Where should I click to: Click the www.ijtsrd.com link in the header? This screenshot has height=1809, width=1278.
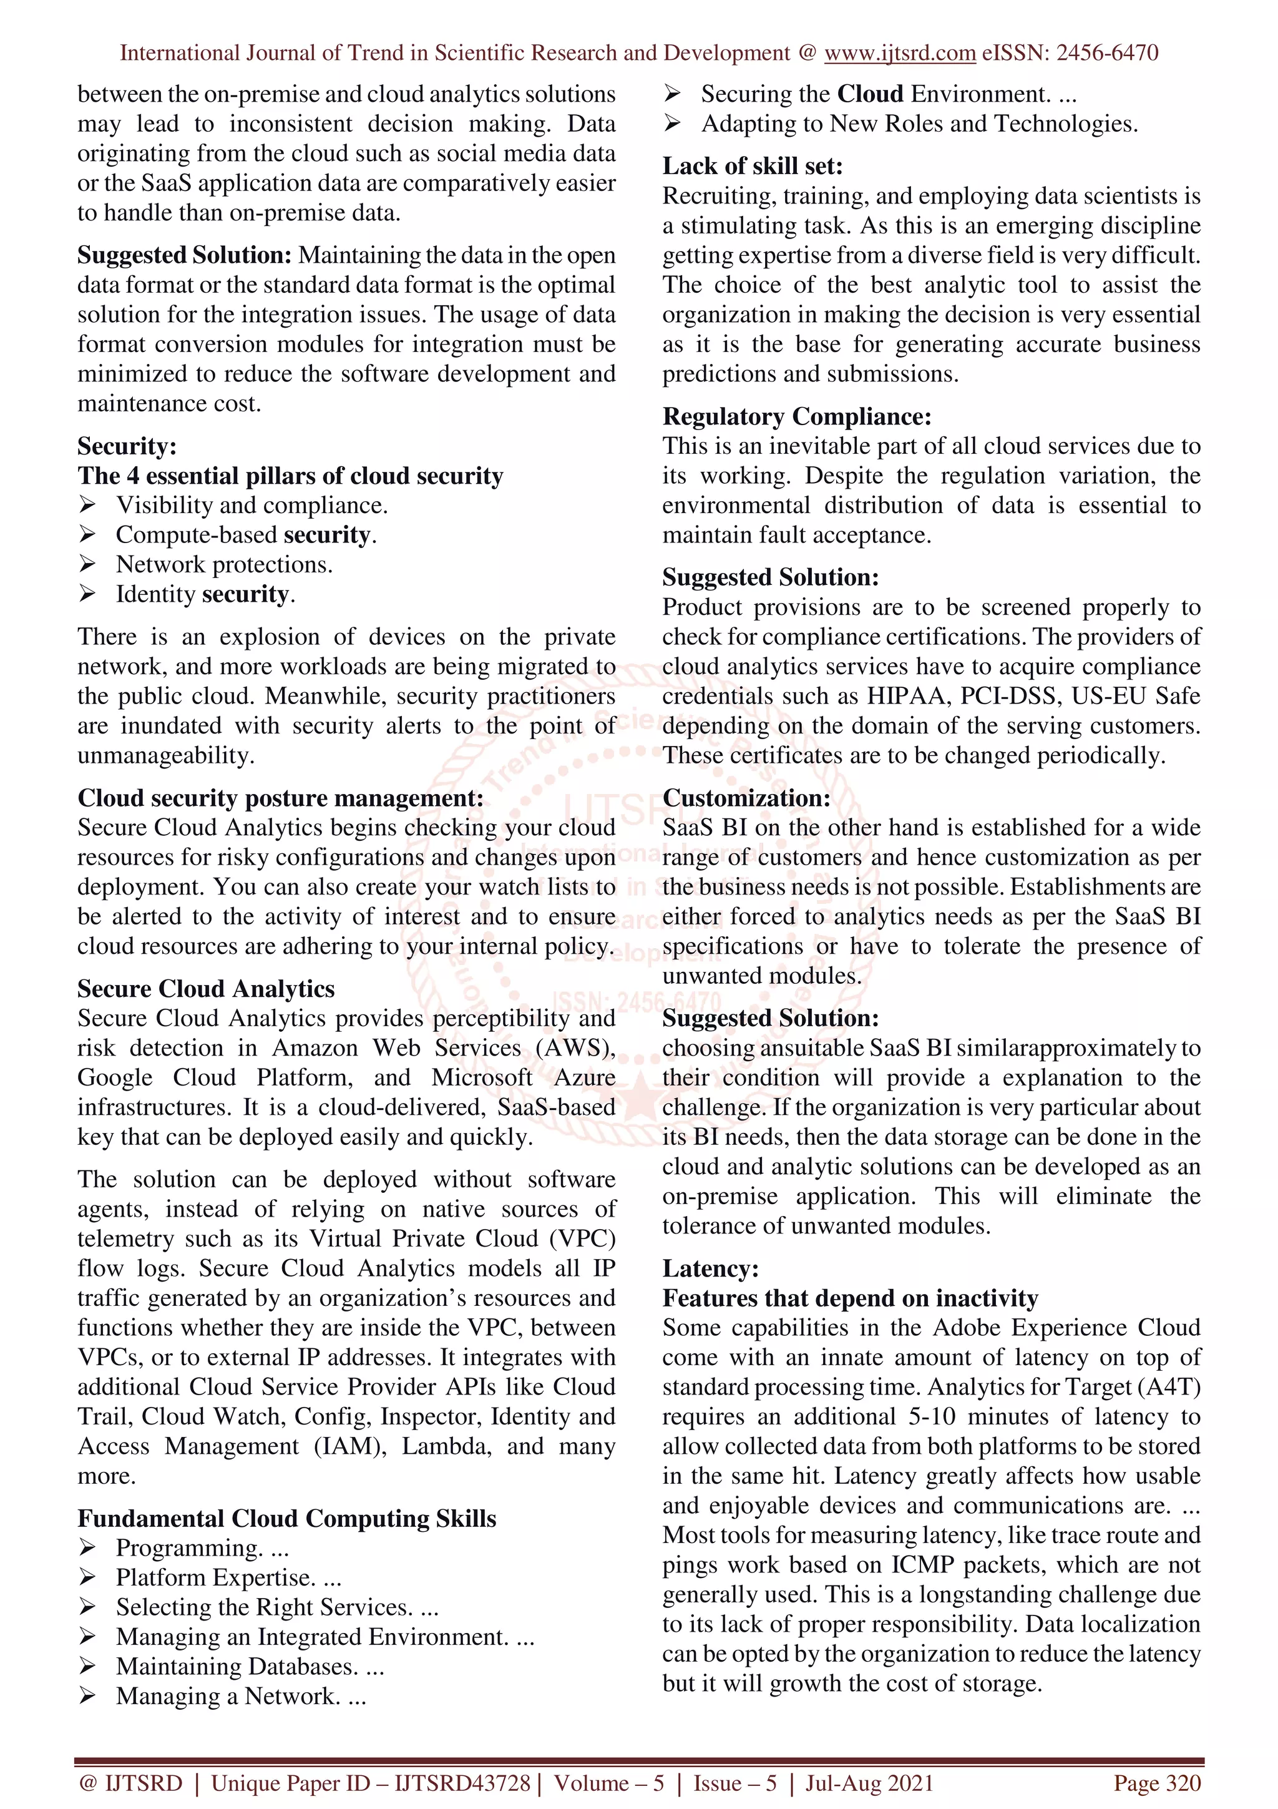pyautogui.click(x=899, y=53)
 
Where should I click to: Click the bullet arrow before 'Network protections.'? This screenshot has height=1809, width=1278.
pyautogui.click(x=87, y=564)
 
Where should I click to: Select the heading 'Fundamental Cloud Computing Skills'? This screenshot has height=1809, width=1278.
pyautogui.click(x=286, y=1517)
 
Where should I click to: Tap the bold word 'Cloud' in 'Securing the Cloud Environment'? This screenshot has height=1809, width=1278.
pyautogui.click(x=870, y=94)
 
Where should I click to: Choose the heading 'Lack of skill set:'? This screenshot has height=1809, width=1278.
pyautogui.click(x=752, y=166)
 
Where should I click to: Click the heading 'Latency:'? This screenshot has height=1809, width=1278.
pyautogui.click(x=710, y=1268)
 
